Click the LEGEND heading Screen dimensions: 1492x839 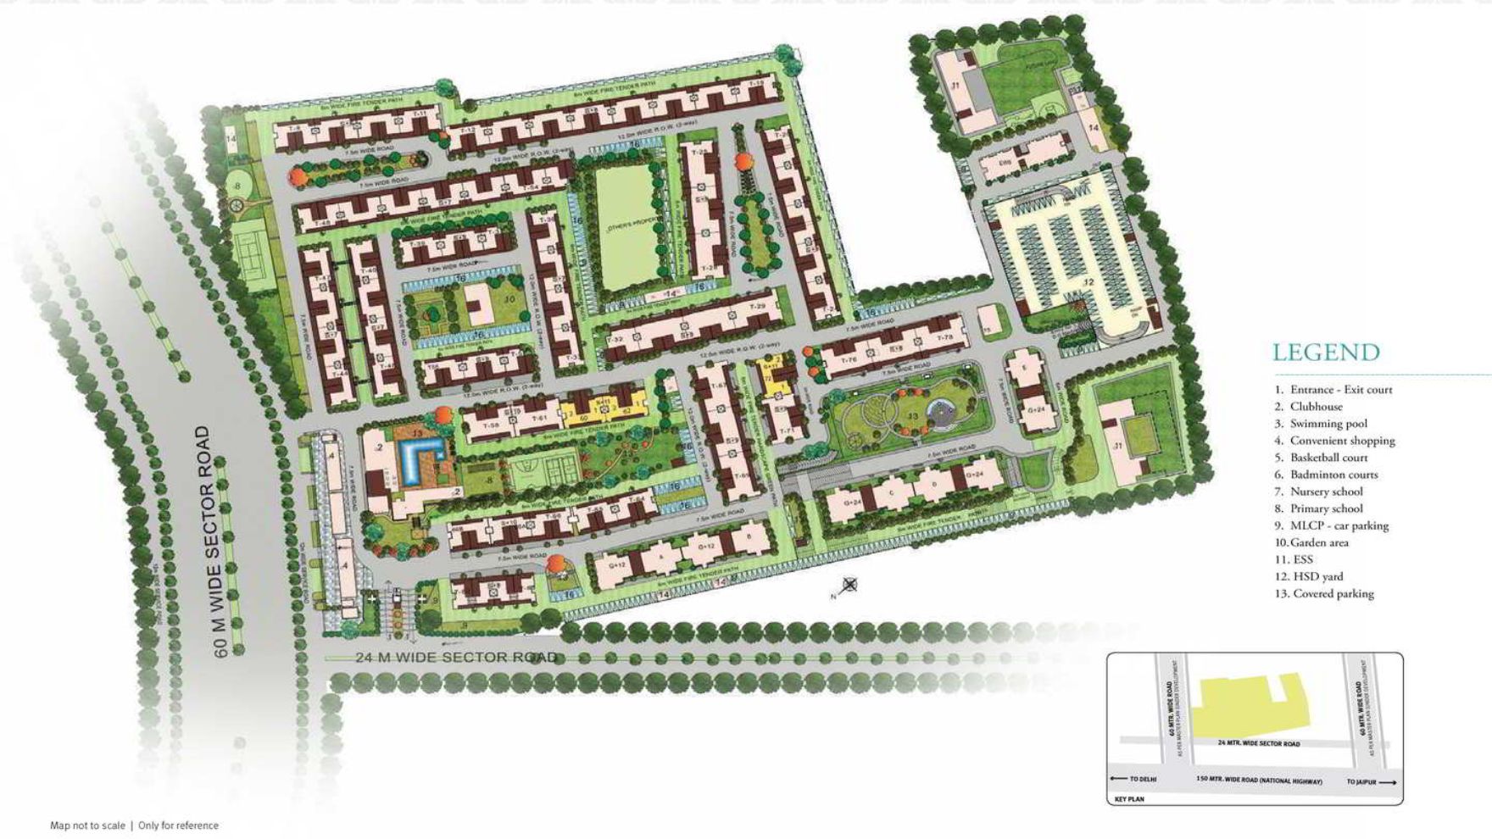1326,353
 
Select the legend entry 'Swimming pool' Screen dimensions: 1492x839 1328,424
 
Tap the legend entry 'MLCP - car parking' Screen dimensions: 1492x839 1339,525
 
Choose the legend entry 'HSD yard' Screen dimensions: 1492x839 1317,576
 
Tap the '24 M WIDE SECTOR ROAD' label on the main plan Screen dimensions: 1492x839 456,658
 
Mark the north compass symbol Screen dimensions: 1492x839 849,585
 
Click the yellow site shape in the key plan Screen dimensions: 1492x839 1250,703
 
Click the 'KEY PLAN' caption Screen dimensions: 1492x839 1129,799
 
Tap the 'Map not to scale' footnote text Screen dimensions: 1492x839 87,825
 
